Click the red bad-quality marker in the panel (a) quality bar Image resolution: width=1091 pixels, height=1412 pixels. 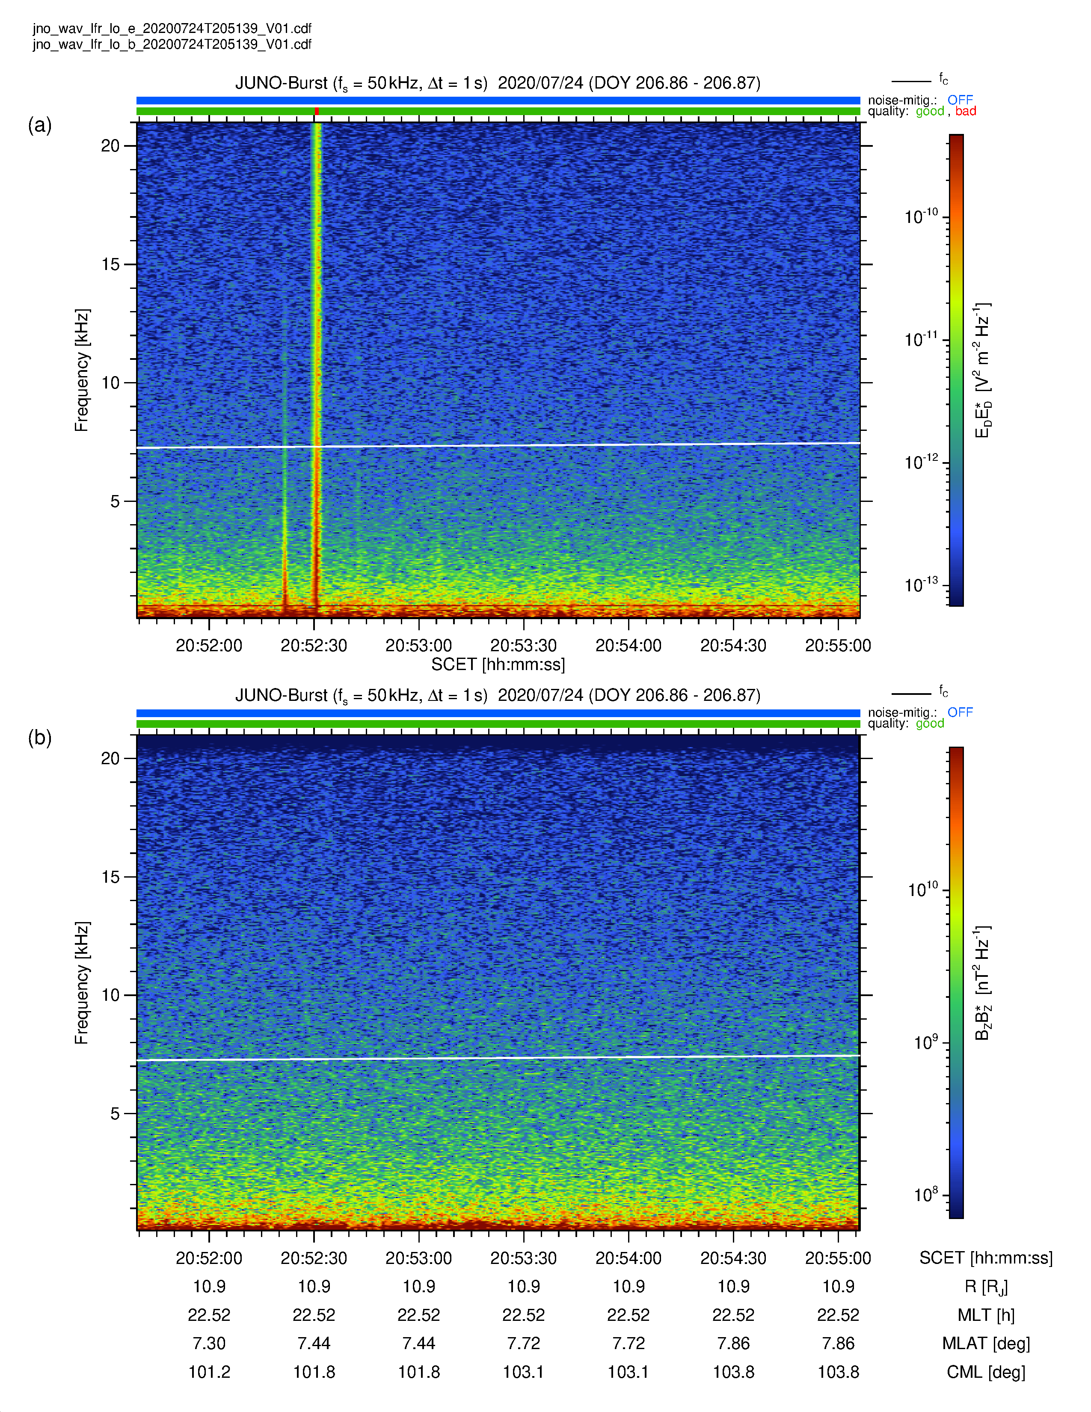click(317, 111)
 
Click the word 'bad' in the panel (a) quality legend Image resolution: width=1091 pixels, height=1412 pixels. click(966, 111)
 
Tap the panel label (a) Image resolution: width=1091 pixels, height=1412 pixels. click(39, 125)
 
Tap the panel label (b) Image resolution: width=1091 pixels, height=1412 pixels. click(39, 737)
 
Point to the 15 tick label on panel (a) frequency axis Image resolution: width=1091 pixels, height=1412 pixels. click(110, 264)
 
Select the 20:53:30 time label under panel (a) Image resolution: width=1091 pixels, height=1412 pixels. click(524, 645)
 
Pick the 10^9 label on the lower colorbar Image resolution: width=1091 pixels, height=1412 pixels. click(925, 1042)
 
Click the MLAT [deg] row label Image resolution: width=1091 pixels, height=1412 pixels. click(986, 1344)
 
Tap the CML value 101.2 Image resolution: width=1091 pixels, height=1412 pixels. click(209, 1372)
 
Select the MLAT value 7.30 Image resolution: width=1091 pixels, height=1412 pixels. click(209, 1344)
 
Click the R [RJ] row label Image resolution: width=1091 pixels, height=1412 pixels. click(986, 1287)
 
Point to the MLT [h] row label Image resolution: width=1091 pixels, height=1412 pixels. click(986, 1315)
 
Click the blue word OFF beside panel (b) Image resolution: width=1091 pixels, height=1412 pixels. click(960, 712)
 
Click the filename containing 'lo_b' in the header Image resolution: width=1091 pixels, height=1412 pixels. click(172, 44)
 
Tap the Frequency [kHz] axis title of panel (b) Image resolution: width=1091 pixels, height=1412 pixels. click(81, 983)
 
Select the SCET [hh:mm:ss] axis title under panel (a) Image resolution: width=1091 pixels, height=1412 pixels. click(498, 664)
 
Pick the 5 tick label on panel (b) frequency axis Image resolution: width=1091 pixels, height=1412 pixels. click(115, 1113)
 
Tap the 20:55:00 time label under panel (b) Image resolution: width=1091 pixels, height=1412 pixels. click(838, 1258)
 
